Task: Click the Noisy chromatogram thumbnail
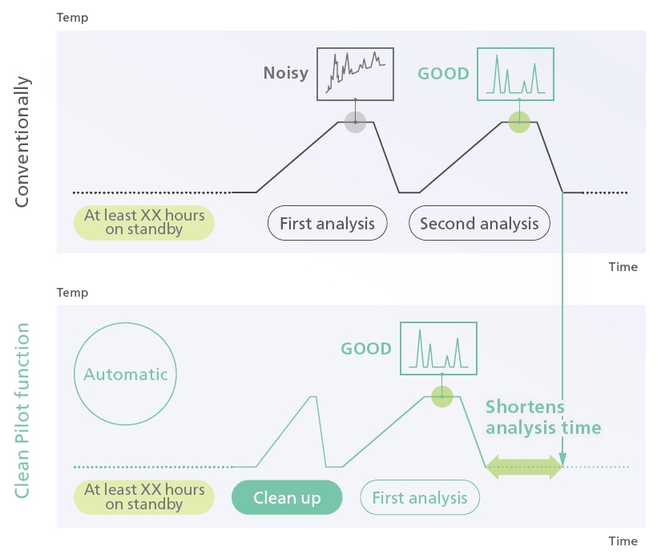point(355,74)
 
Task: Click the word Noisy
point(286,74)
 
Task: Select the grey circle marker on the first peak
point(355,122)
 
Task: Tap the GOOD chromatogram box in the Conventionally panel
point(517,74)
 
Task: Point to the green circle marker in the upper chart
point(519,122)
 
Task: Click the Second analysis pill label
point(479,224)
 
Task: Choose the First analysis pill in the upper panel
point(327,224)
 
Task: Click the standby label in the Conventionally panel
point(144,222)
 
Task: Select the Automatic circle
point(126,375)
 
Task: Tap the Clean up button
point(287,498)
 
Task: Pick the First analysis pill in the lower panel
point(420,498)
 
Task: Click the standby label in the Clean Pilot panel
point(144,496)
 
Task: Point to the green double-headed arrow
point(525,467)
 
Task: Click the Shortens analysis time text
point(543,417)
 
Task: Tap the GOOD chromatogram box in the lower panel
point(438,349)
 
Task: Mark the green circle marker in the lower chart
point(441,395)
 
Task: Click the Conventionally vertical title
point(22,142)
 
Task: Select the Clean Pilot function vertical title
point(22,410)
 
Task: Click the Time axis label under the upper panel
point(623,267)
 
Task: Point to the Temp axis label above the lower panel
point(72,293)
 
